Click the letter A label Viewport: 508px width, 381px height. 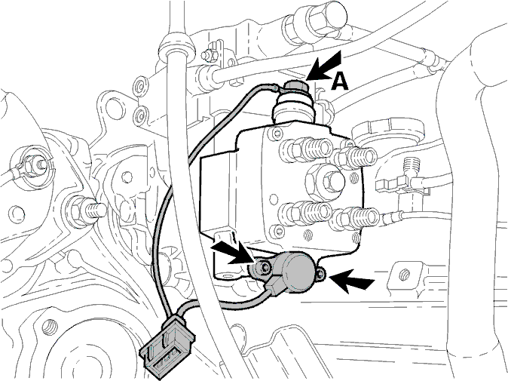point(340,81)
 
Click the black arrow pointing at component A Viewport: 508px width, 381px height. point(325,66)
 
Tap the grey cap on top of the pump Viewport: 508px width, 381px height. point(295,86)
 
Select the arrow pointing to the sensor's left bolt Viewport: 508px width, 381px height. point(232,252)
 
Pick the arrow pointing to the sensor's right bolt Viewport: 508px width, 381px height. point(353,280)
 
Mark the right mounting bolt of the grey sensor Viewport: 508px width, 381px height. point(320,275)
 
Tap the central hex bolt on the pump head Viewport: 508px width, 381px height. point(331,180)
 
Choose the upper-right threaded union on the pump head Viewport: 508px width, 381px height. point(354,156)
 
